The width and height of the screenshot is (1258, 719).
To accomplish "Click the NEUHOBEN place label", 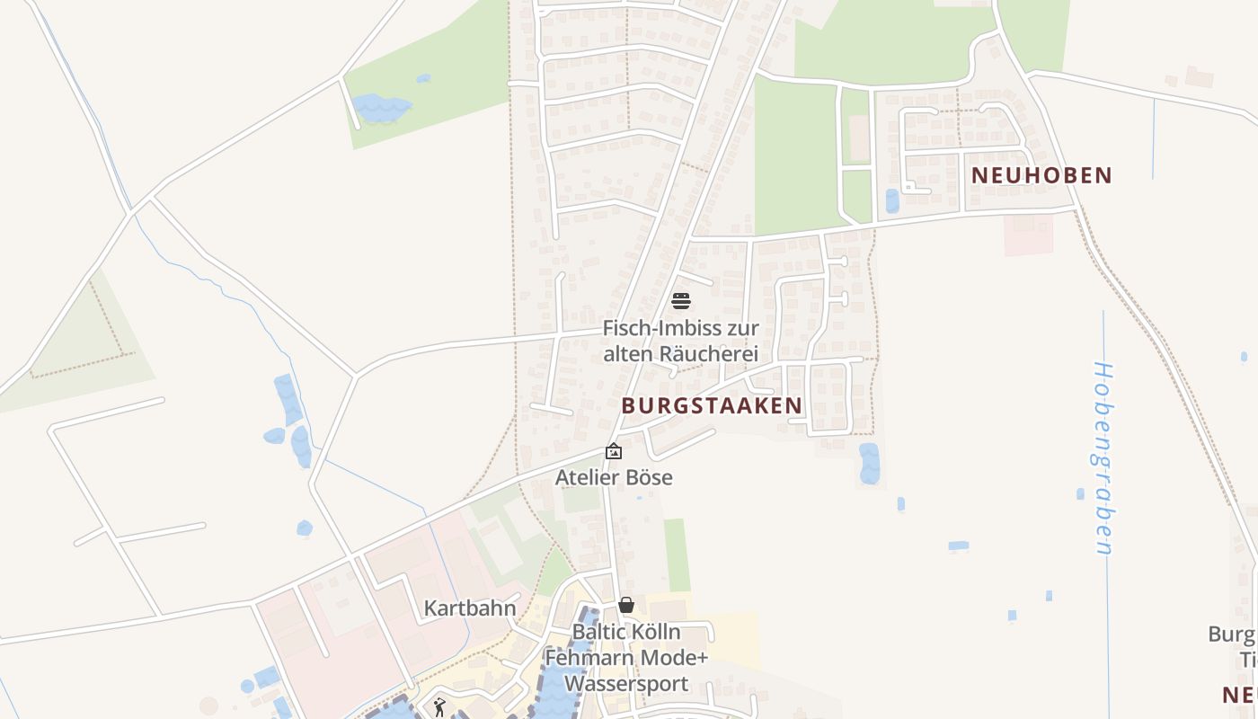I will [x=1042, y=175].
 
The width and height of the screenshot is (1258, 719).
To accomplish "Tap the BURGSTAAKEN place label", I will [x=712, y=405].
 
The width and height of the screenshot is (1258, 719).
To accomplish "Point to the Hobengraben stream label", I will [x=1103, y=458].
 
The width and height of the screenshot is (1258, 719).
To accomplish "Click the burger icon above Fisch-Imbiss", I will [x=681, y=300].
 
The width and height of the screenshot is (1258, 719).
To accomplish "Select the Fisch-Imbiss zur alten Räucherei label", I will [x=680, y=342].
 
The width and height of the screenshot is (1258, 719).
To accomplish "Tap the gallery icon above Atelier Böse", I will [x=614, y=451].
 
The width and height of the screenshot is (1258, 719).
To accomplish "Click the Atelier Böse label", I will [x=614, y=477].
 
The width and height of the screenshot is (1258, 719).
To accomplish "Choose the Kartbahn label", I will [x=470, y=608].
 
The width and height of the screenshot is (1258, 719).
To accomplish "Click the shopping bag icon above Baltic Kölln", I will [x=626, y=605].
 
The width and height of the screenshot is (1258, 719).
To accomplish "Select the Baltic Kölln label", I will [x=626, y=632].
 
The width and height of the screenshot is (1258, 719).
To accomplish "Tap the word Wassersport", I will [x=626, y=683].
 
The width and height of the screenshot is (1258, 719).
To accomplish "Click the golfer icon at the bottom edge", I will [x=439, y=708].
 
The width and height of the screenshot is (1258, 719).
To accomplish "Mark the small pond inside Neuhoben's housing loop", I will [x=891, y=200].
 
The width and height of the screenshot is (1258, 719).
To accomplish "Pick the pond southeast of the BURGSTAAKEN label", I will [x=869, y=463].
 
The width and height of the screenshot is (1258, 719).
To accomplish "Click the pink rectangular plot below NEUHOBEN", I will [x=1028, y=235].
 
